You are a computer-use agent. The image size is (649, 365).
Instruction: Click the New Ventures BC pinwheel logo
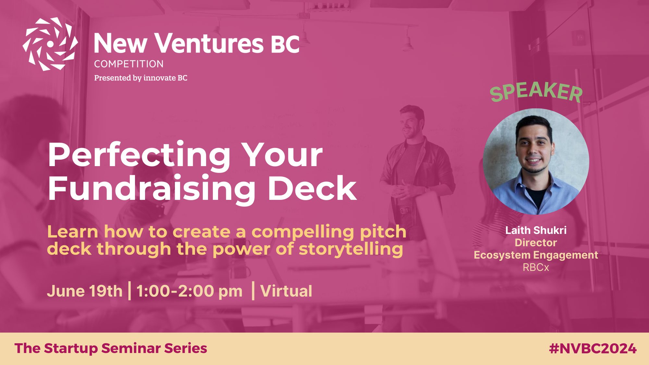pos(50,44)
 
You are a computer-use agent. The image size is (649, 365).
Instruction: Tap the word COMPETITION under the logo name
pos(129,64)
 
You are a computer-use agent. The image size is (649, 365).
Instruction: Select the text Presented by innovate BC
pos(141,78)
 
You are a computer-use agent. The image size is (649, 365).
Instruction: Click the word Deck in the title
pos(312,189)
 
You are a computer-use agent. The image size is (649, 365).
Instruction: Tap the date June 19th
pos(85,291)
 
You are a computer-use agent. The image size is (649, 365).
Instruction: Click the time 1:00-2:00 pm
pos(189,291)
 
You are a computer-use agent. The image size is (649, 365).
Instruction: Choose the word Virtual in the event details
pos(286,291)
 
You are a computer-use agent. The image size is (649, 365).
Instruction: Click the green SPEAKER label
pos(536,91)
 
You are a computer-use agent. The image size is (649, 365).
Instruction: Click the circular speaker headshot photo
pos(536,161)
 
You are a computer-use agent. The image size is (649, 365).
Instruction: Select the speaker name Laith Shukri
pos(536,230)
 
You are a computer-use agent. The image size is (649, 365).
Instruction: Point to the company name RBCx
pos(536,267)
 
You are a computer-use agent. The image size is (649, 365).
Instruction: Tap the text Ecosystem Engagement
pos(536,255)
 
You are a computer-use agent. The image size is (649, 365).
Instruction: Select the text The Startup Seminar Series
pos(111,348)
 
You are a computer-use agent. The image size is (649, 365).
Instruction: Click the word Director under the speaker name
pos(536,243)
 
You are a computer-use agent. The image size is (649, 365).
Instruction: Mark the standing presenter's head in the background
pos(411,121)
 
